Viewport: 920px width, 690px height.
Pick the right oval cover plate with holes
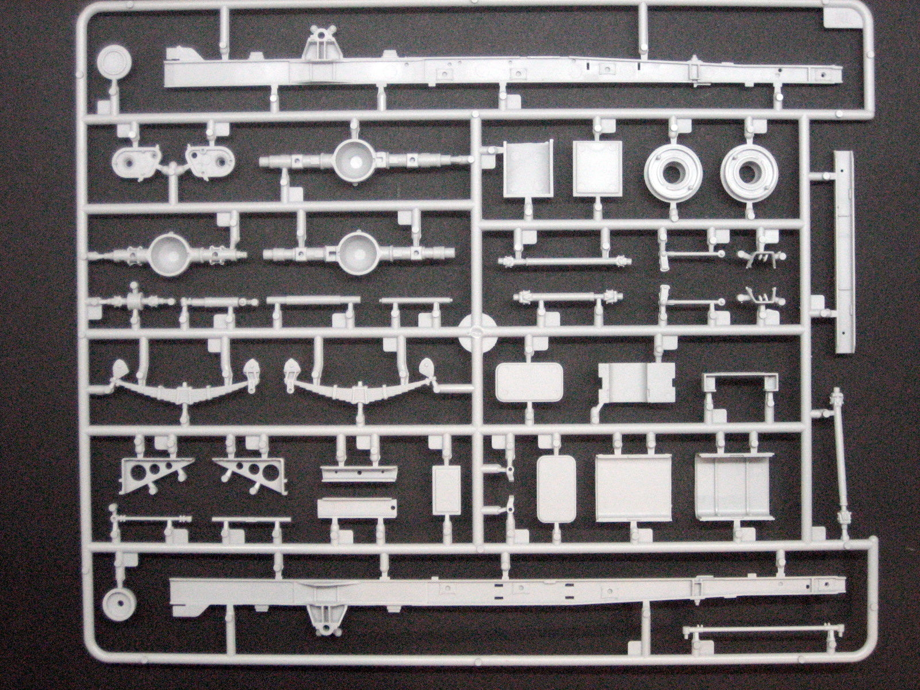pyautogui.click(x=209, y=160)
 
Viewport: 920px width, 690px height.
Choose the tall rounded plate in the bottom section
pyautogui.click(x=556, y=489)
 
